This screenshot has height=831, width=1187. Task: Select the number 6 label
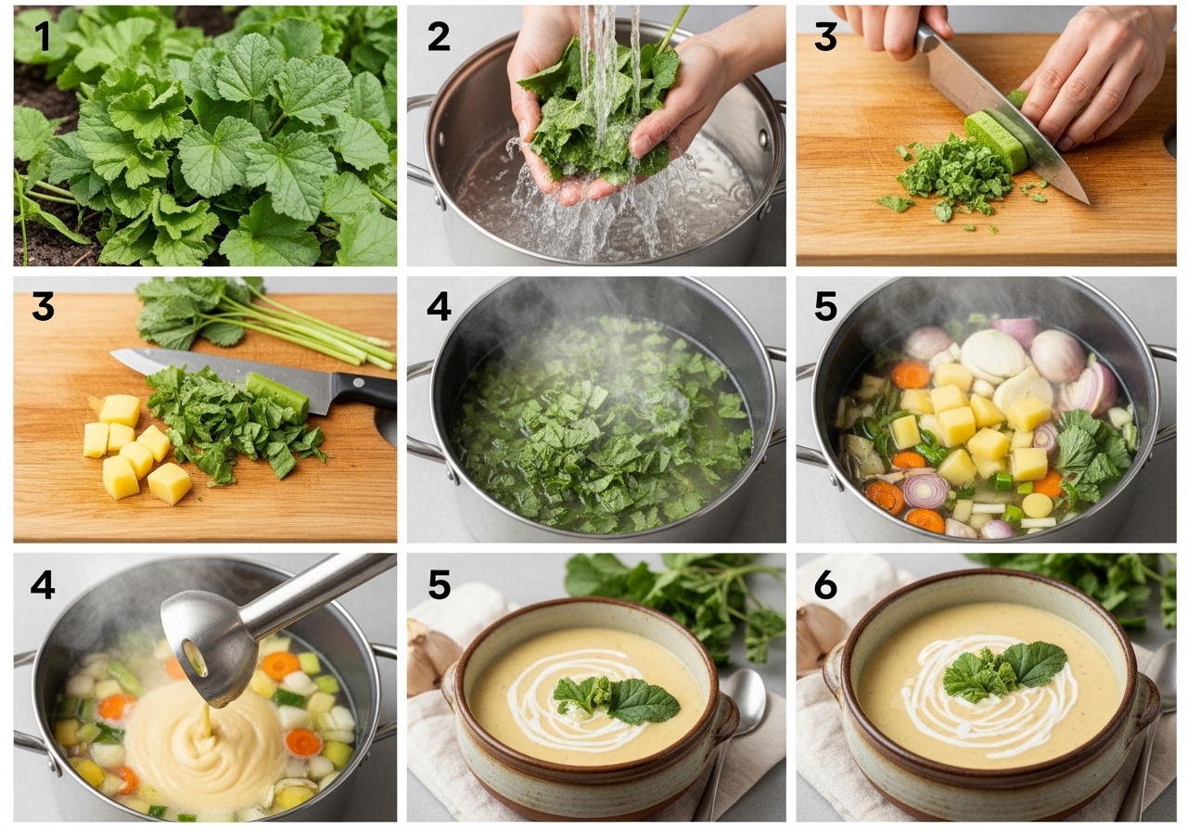(825, 585)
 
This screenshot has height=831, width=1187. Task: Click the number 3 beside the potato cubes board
(43, 306)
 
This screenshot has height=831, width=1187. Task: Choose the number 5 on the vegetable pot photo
(825, 306)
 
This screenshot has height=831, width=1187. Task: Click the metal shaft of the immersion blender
(318, 591)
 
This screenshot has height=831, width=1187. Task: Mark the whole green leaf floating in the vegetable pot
(1092, 450)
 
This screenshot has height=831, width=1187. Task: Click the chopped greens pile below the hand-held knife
(954, 177)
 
